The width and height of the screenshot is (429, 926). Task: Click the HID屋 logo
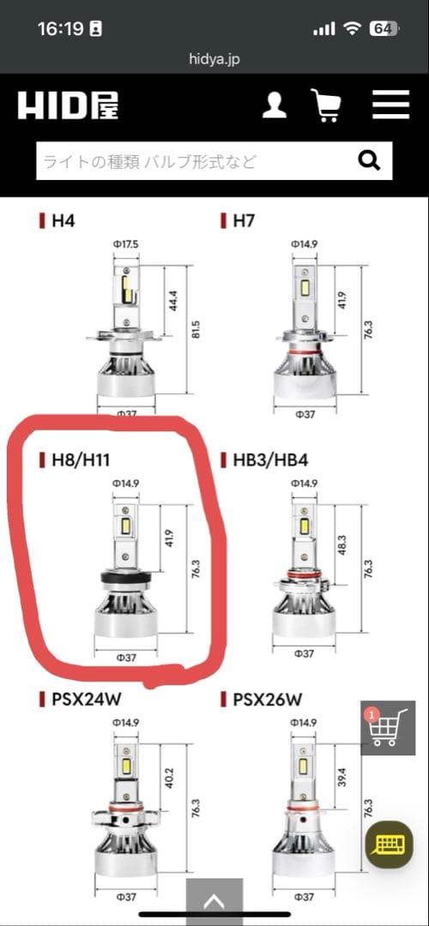(68, 106)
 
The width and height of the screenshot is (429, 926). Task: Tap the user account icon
(275, 105)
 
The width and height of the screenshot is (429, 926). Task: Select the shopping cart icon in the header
(325, 105)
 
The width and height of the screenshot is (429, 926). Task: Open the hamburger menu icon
(390, 105)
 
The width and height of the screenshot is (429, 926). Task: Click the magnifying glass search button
(369, 160)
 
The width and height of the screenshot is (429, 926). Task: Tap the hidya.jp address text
(214, 59)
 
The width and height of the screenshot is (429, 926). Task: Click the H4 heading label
(63, 221)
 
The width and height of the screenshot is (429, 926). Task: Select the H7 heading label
(244, 221)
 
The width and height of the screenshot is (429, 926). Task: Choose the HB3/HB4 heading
(270, 460)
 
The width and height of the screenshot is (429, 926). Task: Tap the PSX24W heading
(87, 700)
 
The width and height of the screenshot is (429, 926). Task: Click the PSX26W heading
(268, 700)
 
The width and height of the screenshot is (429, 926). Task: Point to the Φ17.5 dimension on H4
(126, 244)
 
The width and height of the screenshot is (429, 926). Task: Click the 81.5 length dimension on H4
(196, 329)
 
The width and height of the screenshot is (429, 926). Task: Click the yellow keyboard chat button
(389, 845)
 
